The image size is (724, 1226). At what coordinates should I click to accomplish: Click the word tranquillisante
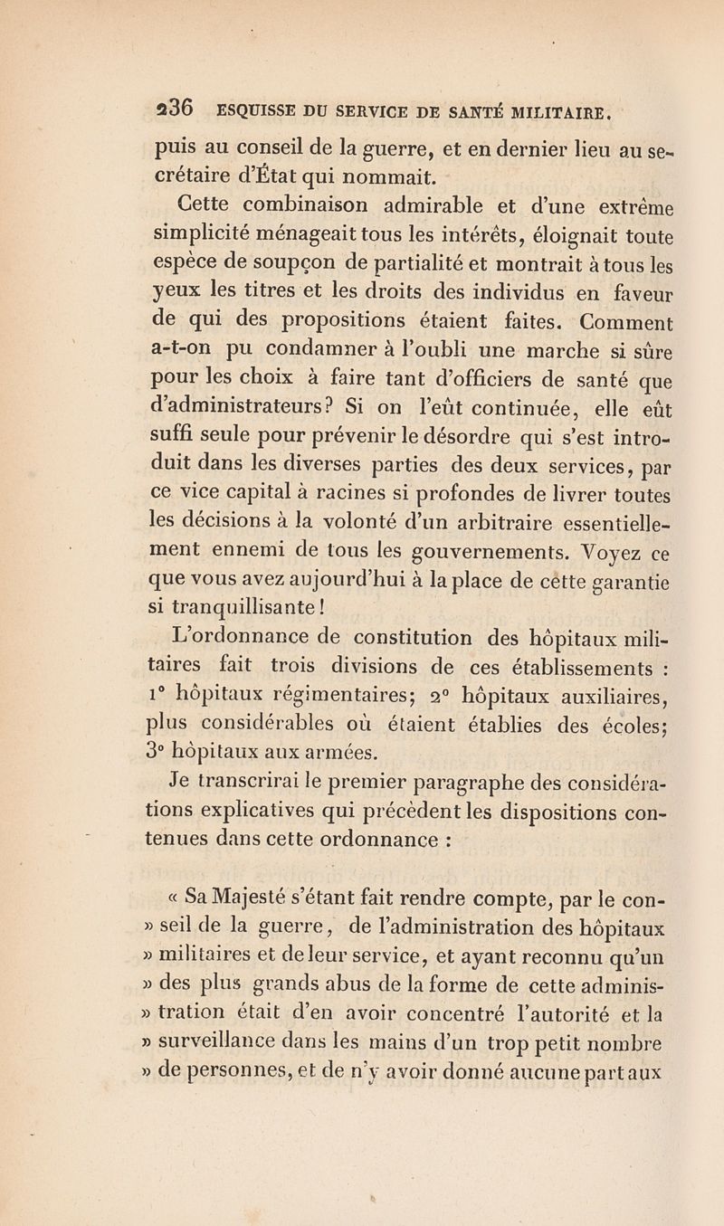(244, 613)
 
